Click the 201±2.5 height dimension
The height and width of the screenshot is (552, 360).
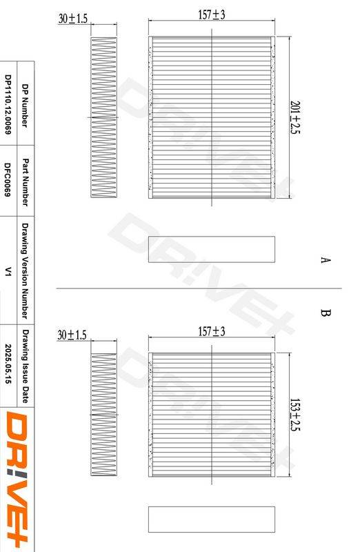tap(295, 117)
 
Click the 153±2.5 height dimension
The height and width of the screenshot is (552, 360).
tap(295, 415)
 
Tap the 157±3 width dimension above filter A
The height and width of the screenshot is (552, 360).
tap(212, 14)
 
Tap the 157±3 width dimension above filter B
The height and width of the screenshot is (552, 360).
tap(212, 331)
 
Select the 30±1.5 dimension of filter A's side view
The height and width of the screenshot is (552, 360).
tap(73, 19)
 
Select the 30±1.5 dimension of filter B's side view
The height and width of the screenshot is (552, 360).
tap(72, 335)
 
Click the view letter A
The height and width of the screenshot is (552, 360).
tap(326, 260)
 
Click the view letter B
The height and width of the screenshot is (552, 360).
tap(326, 313)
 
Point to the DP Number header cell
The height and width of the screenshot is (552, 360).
tap(25, 106)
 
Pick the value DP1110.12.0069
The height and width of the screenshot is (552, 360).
tap(8, 105)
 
